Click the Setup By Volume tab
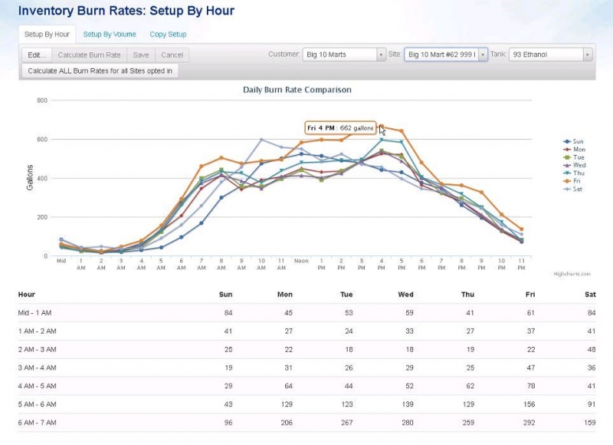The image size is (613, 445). click(109, 35)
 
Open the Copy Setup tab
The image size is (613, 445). click(168, 35)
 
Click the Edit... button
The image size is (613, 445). click(36, 55)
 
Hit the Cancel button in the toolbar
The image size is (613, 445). click(172, 55)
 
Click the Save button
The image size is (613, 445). click(140, 55)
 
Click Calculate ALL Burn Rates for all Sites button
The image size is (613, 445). click(100, 71)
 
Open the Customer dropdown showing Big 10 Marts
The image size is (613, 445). click(344, 54)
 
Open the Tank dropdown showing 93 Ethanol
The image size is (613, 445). click(550, 54)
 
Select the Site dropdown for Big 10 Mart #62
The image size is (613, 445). click(445, 54)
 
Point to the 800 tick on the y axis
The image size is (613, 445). click(41, 101)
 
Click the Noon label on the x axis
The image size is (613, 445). click(301, 261)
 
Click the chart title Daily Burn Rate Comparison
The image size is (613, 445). click(297, 90)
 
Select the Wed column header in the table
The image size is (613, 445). click(407, 294)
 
